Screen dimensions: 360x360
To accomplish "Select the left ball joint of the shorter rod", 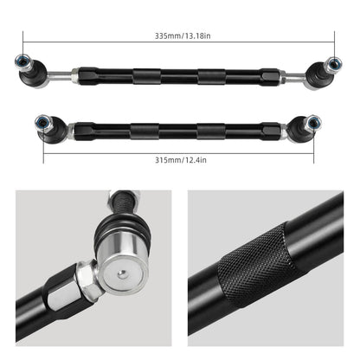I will pos(44,121).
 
